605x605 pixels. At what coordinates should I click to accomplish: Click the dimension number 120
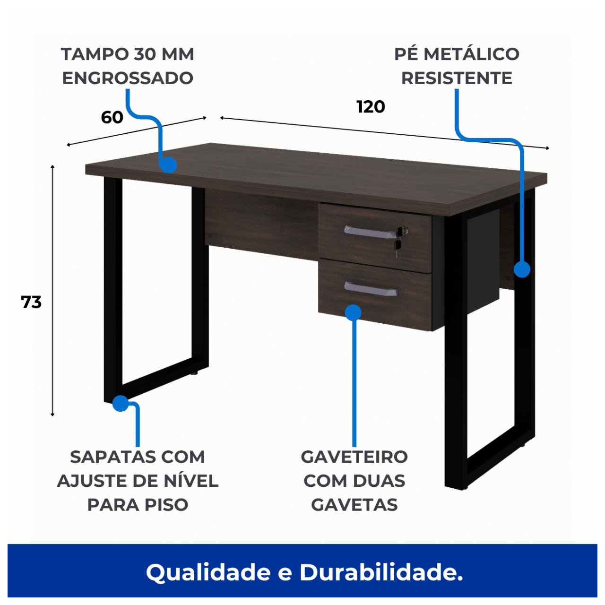371,107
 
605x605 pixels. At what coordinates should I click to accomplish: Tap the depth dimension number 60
112,117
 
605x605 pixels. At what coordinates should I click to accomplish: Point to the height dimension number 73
31,302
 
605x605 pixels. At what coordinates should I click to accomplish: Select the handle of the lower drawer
370,289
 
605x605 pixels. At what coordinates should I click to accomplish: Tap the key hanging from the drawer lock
398,247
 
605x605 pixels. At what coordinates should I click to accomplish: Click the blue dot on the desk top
168,165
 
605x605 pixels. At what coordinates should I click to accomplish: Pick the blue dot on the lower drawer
353,312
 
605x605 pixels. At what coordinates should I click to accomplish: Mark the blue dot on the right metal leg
522,269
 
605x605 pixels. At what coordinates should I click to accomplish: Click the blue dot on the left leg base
121,403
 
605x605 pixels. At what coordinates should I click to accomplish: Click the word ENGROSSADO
128,78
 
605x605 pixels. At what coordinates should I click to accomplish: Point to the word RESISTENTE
457,78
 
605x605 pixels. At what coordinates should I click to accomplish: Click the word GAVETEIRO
354,457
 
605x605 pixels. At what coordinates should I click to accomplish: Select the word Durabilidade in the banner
381,572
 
